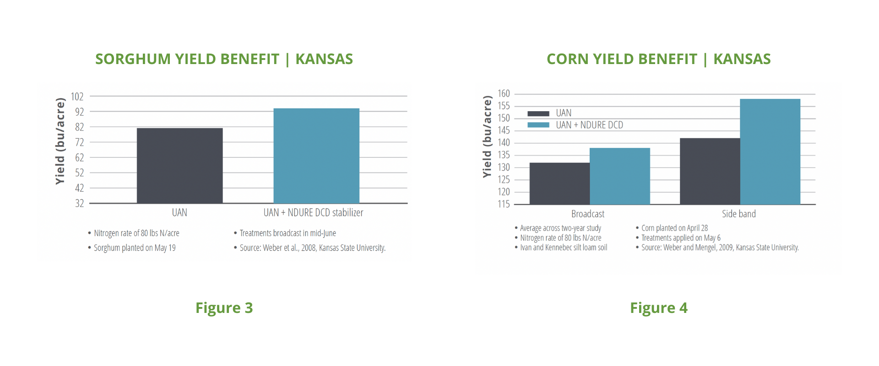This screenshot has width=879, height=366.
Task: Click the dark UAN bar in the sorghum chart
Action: click(x=179, y=166)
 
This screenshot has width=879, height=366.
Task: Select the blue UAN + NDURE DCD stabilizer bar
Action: click(x=316, y=156)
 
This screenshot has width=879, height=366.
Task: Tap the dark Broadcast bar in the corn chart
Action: click(x=559, y=183)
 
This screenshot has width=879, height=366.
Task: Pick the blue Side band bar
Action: click(x=770, y=151)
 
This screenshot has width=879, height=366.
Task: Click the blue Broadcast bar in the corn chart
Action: click(x=620, y=176)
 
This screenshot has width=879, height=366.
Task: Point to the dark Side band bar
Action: click(x=710, y=171)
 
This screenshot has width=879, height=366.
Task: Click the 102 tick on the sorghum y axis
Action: click(x=77, y=97)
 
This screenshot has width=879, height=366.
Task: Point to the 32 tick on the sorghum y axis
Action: click(x=80, y=203)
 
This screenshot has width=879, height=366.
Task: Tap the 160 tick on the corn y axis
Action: click(x=504, y=94)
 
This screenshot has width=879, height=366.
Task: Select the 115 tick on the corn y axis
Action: click(x=504, y=204)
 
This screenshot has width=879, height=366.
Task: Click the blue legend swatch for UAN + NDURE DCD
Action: click(x=538, y=125)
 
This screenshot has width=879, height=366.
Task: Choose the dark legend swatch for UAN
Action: click(x=538, y=113)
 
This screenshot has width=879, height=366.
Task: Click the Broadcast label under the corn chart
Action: click(x=588, y=214)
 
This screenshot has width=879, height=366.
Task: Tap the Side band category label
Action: click(x=739, y=214)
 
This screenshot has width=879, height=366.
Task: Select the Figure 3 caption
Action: click(x=224, y=308)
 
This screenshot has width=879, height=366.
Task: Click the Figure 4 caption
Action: click(x=659, y=308)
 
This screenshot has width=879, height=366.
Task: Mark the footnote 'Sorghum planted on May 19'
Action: click(x=135, y=248)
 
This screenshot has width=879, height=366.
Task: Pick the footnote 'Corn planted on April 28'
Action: click(x=674, y=228)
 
